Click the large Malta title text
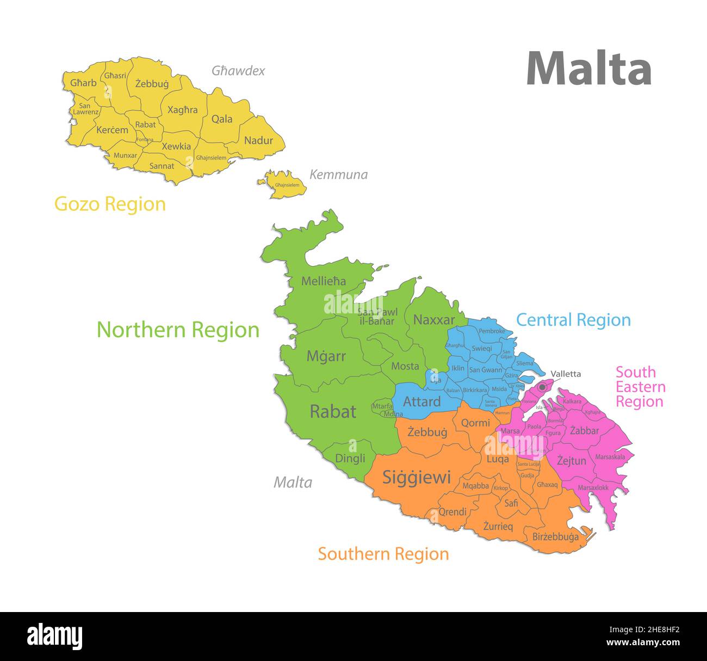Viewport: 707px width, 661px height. point(588,69)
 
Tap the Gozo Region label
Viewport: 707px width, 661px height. point(110,204)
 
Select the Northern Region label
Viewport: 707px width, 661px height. point(178,330)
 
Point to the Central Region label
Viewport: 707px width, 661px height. point(573,320)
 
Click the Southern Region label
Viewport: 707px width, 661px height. point(383,554)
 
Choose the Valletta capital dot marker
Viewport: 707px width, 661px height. point(542,387)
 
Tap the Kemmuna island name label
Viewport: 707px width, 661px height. point(338,175)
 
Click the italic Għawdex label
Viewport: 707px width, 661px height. point(238,71)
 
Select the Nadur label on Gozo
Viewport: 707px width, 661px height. point(258,140)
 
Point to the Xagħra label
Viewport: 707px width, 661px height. point(182,110)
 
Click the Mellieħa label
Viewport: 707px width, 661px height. point(324,281)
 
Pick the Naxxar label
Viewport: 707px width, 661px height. point(433,320)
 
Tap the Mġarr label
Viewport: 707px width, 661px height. point(326,356)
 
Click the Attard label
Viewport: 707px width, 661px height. point(421,401)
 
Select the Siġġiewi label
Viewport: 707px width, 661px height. point(417,478)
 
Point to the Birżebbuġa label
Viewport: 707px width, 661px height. point(555,537)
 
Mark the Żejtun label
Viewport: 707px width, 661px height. point(572,461)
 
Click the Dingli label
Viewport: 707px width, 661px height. point(350,458)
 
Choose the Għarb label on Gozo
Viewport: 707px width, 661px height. point(83,83)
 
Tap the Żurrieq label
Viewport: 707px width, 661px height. point(498,527)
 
